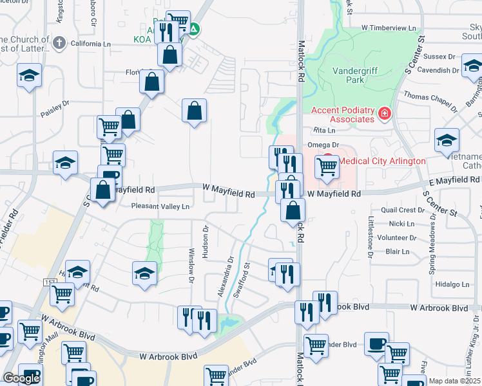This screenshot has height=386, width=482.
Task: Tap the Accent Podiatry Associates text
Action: point(342,115)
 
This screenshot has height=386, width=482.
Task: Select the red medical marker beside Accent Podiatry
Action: point(385,114)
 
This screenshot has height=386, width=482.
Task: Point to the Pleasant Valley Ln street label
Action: point(160,207)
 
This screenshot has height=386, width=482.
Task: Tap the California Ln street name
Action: point(90,44)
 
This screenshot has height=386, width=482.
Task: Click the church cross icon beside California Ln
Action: point(58,43)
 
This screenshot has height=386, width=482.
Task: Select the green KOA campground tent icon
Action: point(194,29)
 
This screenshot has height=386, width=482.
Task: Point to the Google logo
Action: point(21,378)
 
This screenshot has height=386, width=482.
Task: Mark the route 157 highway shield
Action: point(50,282)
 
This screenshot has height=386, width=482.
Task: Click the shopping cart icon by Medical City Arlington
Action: point(327,167)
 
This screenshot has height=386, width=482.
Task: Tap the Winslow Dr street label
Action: point(191,265)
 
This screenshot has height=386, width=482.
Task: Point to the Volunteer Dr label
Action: point(398,237)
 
